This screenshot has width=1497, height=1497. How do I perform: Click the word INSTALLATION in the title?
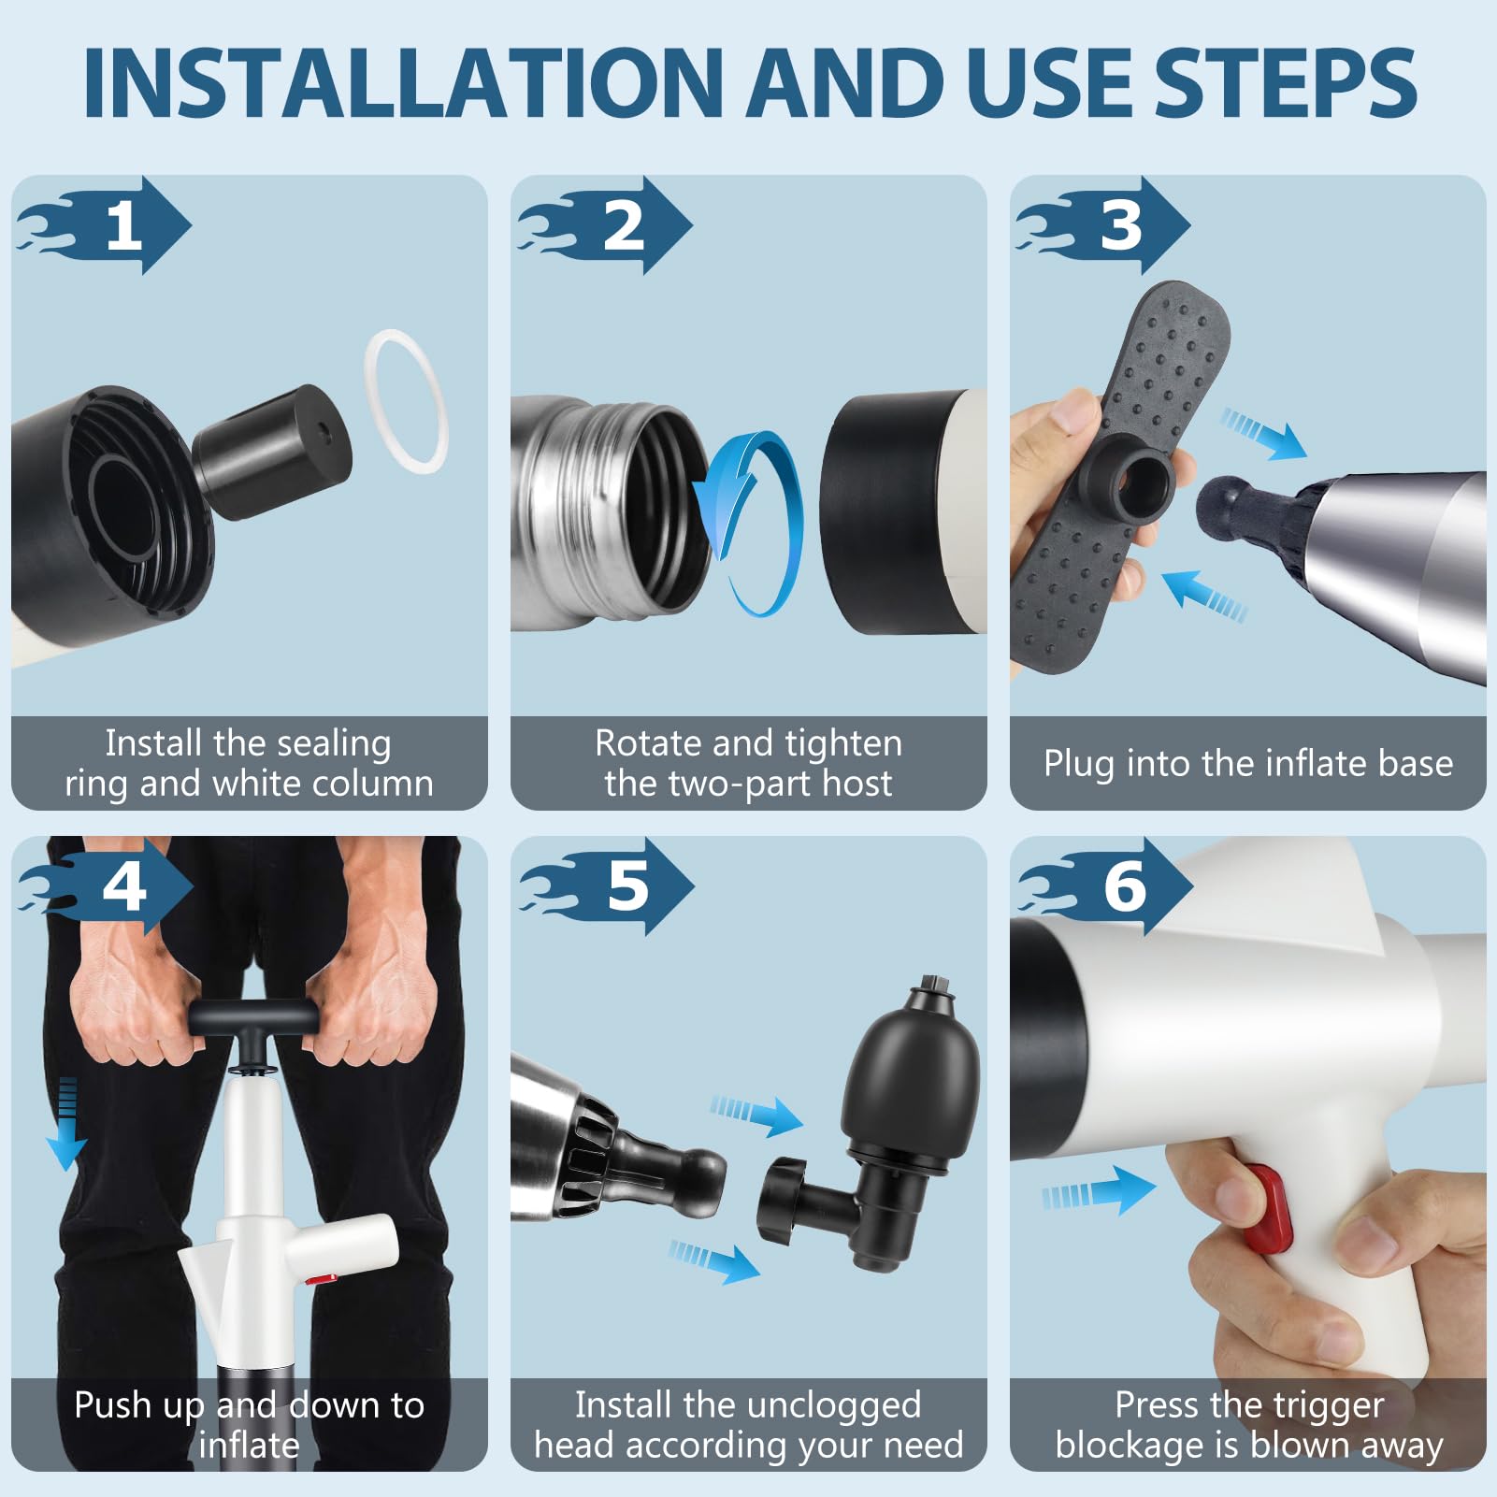point(404,82)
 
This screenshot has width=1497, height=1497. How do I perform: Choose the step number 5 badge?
point(606,885)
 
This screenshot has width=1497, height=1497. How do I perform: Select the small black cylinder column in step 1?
point(271,452)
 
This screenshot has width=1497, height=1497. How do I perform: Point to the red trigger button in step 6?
point(1270,1208)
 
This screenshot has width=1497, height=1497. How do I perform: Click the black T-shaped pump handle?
point(251,1019)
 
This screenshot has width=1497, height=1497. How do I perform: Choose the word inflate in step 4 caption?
point(249,1445)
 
